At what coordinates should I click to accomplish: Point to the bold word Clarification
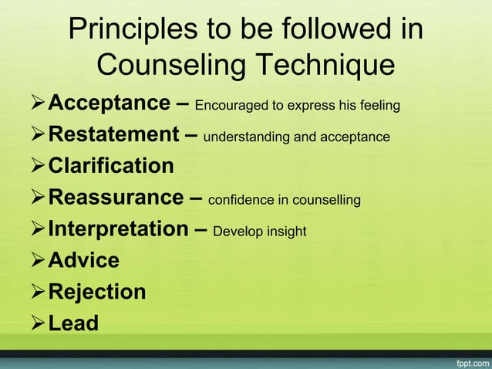pyautogui.click(x=111, y=166)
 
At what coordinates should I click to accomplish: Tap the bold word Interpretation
pyautogui.click(x=118, y=229)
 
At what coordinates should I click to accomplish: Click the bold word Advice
pyautogui.click(x=84, y=260)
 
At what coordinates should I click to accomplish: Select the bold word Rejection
pyautogui.click(x=97, y=292)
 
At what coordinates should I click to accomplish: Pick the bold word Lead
pyautogui.click(x=73, y=323)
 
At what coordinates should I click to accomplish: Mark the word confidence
pyautogui.click(x=243, y=201)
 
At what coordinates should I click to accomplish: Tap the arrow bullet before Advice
pyautogui.click(x=36, y=260)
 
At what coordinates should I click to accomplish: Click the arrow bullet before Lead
pyautogui.click(x=36, y=323)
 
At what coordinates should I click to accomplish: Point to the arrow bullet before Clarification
pyautogui.click(x=36, y=166)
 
